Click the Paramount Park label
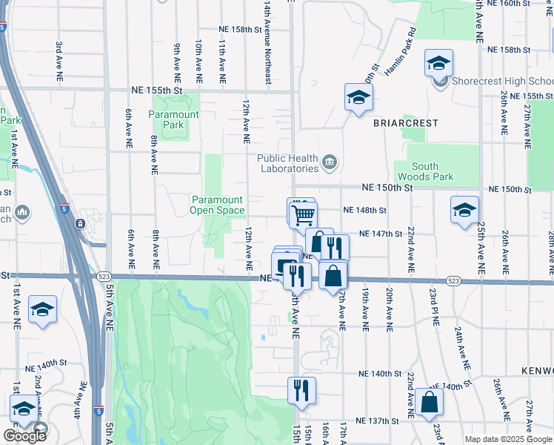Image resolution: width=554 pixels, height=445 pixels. click(174, 120)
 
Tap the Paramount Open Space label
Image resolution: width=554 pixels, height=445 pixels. click(218, 205)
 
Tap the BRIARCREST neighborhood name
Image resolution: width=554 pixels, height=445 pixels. click(405, 123)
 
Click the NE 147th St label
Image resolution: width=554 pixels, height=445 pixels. click(380, 234)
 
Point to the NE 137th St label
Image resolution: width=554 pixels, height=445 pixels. click(377, 421)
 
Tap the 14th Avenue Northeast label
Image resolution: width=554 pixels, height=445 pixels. click(267, 41)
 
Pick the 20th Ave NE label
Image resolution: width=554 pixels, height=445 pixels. click(388, 309)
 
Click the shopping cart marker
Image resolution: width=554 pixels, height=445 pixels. click(303, 215)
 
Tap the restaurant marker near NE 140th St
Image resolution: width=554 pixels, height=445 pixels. click(301, 389)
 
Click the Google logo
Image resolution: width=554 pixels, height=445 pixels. click(24, 436)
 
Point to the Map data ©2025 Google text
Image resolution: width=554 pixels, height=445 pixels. click(507, 439)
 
